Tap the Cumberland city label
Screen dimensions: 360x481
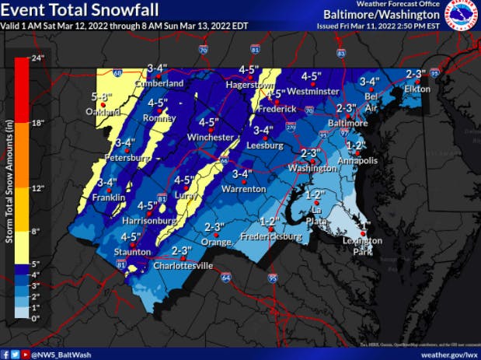(x=159, y=83)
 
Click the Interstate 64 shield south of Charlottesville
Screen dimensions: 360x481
(x=225, y=276)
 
